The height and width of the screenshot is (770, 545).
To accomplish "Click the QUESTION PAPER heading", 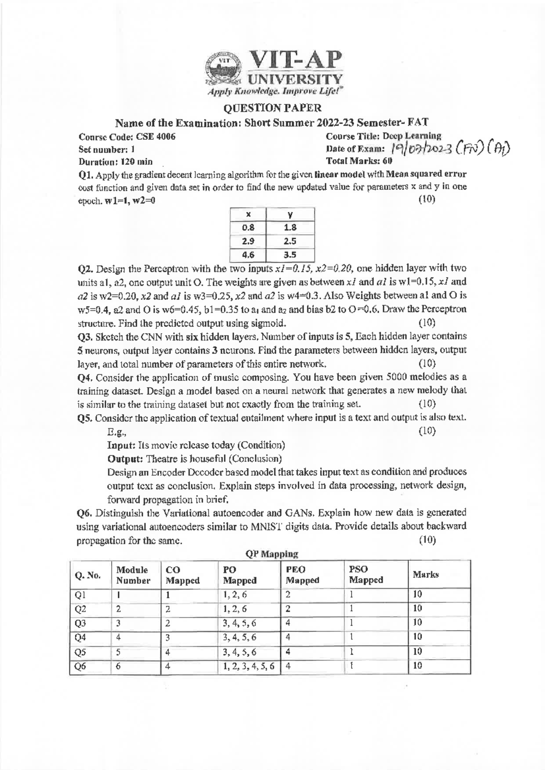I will [x=272, y=108].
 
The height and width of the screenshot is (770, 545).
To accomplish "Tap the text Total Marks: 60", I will [x=360, y=161].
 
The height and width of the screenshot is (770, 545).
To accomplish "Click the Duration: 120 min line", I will [x=115, y=162].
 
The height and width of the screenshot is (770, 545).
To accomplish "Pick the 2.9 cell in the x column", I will [x=249, y=241].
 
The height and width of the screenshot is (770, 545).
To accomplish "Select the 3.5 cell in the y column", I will [x=291, y=255].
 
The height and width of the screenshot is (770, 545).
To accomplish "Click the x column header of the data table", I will [x=249, y=214].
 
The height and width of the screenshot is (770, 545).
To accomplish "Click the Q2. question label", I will [x=86, y=269].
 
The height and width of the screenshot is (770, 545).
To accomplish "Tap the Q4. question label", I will [x=86, y=377].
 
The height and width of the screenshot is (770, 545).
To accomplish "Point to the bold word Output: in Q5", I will [x=125, y=458].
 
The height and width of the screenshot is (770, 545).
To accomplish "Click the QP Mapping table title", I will [x=272, y=554].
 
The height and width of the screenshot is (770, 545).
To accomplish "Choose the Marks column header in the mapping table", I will [x=426, y=574].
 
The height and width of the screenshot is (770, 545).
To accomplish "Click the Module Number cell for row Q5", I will [x=119, y=652].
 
